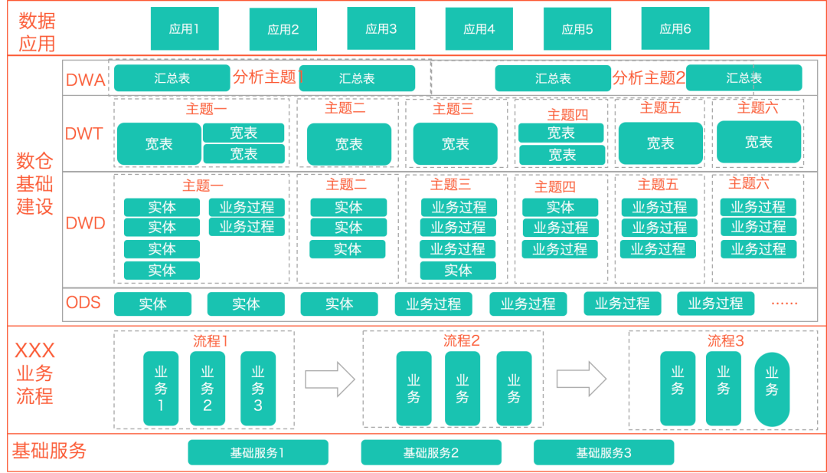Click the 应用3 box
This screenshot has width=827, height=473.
pos(381,29)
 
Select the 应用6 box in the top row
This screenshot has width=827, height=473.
pos(675,29)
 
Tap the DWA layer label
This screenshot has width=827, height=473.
pos(86,80)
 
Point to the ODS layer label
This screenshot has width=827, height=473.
pos(83,303)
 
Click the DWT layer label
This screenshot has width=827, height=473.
pos(84,134)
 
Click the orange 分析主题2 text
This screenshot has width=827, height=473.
pos(649,77)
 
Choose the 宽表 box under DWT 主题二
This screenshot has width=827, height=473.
pos(348,144)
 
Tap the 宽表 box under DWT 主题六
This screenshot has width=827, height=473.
pos(758,142)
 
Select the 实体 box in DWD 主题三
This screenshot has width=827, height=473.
pos(458,271)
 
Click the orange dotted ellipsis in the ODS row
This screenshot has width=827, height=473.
pos(784,304)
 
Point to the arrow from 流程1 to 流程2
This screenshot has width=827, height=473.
pos(330,379)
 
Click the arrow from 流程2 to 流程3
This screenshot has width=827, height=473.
pos(581,379)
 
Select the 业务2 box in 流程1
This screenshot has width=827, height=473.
pos(208,388)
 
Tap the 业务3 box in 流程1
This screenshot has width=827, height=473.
pos(257,388)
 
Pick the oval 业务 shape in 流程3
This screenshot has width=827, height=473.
pos(771,389)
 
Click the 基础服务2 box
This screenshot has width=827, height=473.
pos(430,452)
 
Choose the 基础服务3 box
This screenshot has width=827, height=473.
pos(603,452)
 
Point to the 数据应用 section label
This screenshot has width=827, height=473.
pos(37,31)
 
